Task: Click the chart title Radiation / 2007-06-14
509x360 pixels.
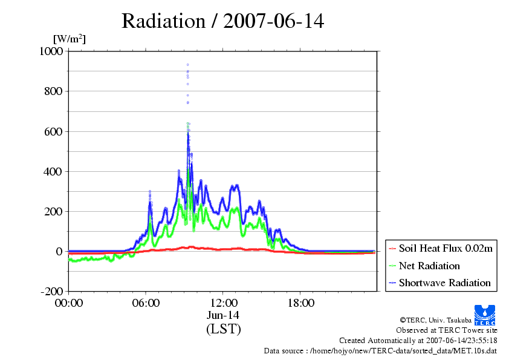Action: pyautogui.click(x=222, y=21)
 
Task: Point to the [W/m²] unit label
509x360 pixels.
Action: pyautogui.click(x=70, y=39)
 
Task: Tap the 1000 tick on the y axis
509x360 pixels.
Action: pyautogui.click(x=51, y=51)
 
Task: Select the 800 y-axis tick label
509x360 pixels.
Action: pyautogui.click(x=53, y=91)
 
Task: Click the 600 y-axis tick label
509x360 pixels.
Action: pyautogui.click(x=53, y=131)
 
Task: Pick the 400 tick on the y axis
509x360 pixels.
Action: pyautogui.click(x=53, y=172)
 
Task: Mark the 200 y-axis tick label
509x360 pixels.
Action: pyautogui.click(x=53, y=212)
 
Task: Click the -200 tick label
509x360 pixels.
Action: pyautogui.click(x=51, y=291)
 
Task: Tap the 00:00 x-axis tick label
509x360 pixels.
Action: pyautogui.click(x=69, y=303)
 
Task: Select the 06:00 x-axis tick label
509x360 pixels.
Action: pyautogui.click(x=146, y=303)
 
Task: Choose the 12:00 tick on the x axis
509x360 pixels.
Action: pyautogui.click(x=223, y=303)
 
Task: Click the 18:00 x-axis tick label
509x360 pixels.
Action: pyautogui.click(x=300, y=303)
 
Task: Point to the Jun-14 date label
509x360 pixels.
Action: pyautogui.click(x=223, y=315)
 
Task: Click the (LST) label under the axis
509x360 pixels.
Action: pyautogui.click(x=224, y=329)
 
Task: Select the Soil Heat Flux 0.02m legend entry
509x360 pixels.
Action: pyautogui.click(x=441, y=249)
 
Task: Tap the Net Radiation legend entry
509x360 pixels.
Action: pyautogui.click(x=424, y=266)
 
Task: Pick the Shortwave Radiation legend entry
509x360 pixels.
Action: pyautogui.click(x=440, y=283)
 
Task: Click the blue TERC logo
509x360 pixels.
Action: pyautogui.click(x=485, y=315)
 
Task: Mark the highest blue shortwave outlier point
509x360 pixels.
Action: pyautogui.click(x=187, y=65)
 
